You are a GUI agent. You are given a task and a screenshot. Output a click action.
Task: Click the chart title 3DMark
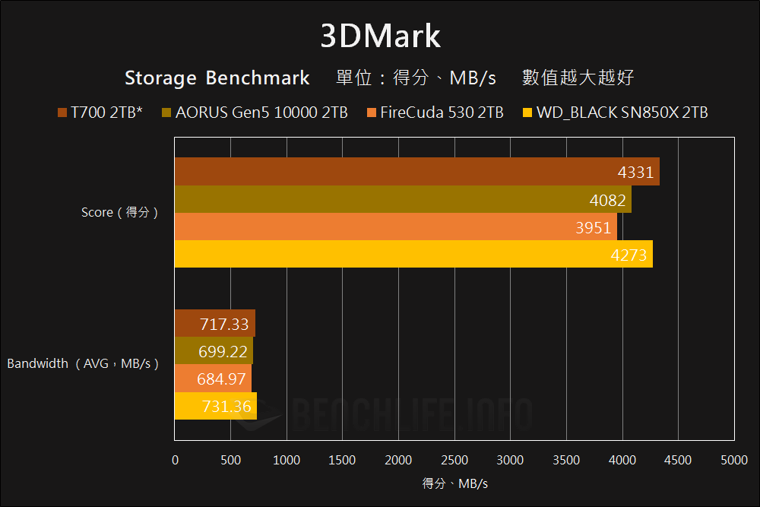380,36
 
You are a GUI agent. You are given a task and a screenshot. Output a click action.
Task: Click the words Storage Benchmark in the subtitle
217,78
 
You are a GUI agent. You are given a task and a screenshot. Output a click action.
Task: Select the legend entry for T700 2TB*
100,113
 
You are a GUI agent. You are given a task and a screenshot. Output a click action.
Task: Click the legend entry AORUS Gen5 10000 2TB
255,113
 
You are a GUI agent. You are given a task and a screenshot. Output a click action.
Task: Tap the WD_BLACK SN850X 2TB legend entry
616,113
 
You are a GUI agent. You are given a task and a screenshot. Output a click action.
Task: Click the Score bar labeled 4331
416,172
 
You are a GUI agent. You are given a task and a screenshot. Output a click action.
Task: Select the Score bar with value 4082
403,200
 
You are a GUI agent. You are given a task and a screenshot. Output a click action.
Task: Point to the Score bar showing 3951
395,227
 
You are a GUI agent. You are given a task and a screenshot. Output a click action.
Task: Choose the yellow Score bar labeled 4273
413,255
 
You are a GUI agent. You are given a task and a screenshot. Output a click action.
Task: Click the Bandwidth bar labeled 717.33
214,324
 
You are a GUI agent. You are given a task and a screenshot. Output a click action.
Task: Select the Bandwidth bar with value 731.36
215,406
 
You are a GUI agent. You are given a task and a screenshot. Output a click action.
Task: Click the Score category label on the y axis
120,213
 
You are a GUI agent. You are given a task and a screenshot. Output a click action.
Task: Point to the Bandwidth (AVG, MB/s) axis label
83,364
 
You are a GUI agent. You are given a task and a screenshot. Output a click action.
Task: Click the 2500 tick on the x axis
454,460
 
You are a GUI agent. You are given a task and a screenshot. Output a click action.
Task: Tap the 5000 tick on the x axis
733,460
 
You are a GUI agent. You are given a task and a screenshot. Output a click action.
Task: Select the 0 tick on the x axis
176,460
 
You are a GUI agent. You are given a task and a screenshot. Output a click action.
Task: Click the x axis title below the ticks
454,483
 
